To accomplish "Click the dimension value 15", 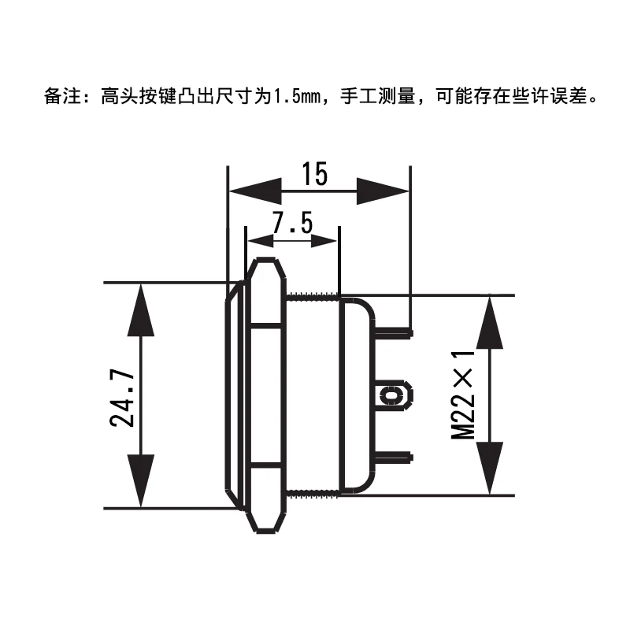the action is click(314, 174).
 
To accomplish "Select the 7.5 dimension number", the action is click(292, 224).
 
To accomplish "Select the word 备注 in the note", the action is click(60, 97).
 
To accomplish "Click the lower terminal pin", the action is click(394, 456).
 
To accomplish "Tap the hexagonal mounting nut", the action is click(266, 394).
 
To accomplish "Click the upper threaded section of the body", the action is click(313, 297).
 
